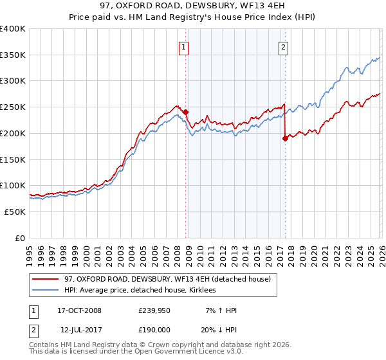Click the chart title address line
coord(193,6)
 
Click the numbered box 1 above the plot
coord(184,46)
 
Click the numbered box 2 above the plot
coord(283,46)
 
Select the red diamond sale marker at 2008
coord(186,112)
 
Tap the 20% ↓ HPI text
coord(219,330)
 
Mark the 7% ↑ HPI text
coord(221,310)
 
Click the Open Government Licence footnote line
coord(136,352)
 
